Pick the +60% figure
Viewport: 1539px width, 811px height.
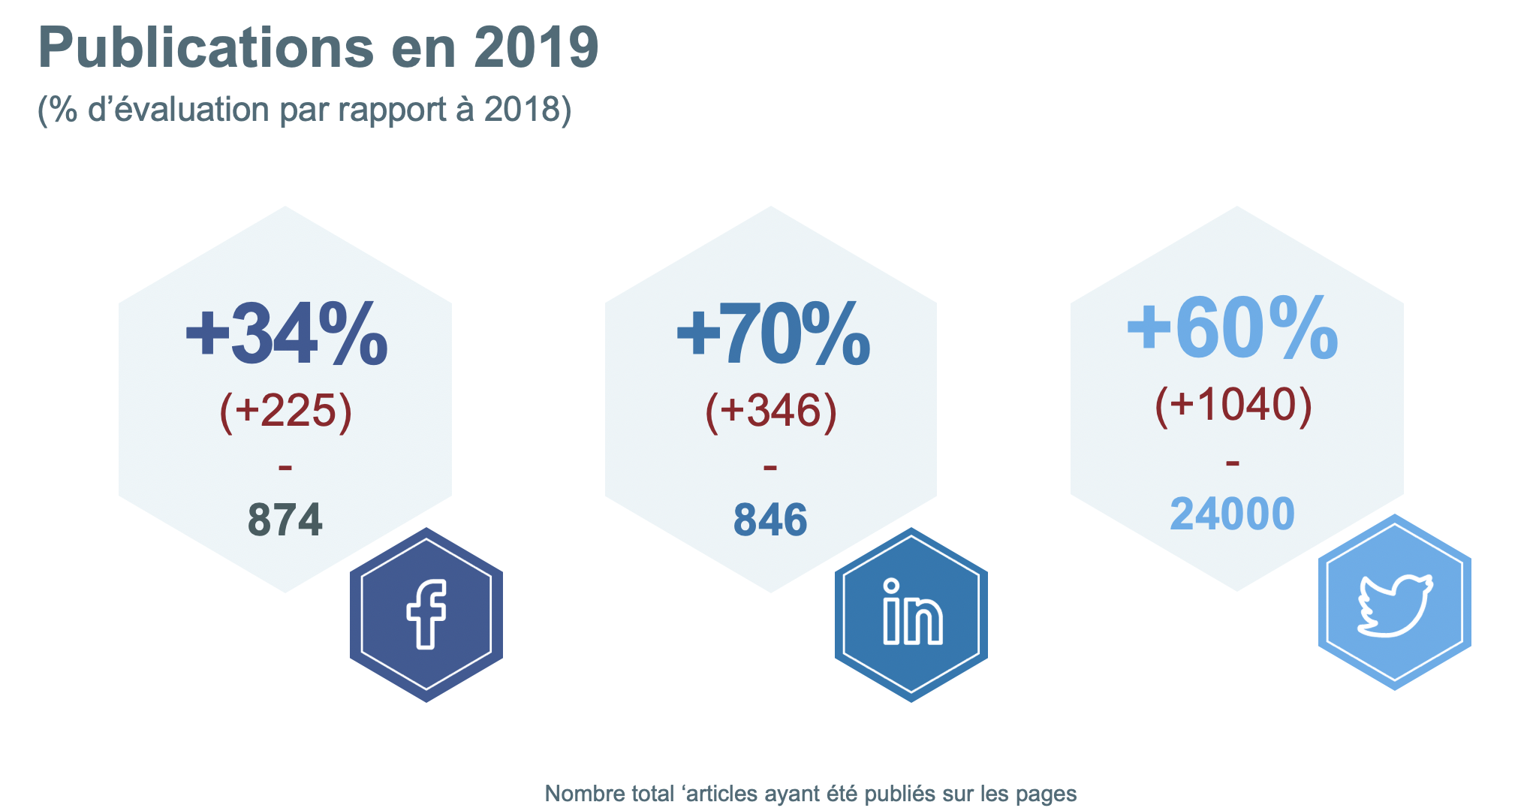click(x=1232, y=327)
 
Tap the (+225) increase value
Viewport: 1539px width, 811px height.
click(x=285, y=412)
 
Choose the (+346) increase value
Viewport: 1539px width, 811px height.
click(x=771, y=412)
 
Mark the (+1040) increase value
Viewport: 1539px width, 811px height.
click(x=1233, y=405)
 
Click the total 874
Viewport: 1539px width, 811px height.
click(x=285, y=520)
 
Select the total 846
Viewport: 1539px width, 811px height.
click(x=770, y=520)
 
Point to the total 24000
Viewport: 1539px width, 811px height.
click(x=1232, y=514)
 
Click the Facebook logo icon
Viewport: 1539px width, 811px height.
click(x=426, y=614)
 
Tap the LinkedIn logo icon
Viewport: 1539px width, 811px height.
click(x=911, y=614)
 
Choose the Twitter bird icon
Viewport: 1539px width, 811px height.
click(x=1395, y=603)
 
